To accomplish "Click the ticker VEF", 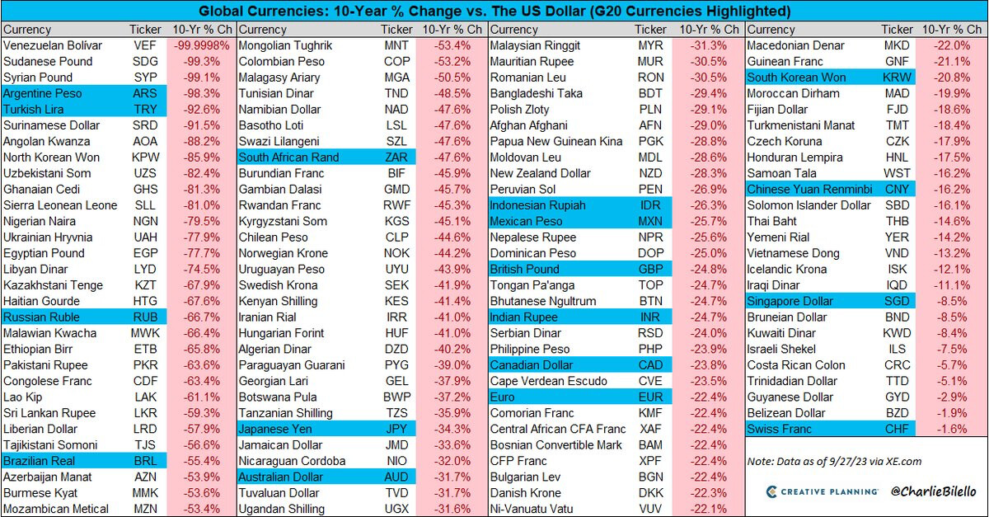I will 145,45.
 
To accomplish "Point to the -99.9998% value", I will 201,45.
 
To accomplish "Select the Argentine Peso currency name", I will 43,93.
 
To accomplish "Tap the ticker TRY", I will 145,110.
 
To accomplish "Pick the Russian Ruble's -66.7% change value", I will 201,317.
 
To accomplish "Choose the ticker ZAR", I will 396,157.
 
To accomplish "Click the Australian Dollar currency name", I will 282,477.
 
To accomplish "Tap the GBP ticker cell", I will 650,270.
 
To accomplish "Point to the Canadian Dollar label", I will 532,365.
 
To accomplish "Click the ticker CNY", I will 897,190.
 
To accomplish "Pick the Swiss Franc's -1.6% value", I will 953,429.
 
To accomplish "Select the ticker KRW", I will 897,78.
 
